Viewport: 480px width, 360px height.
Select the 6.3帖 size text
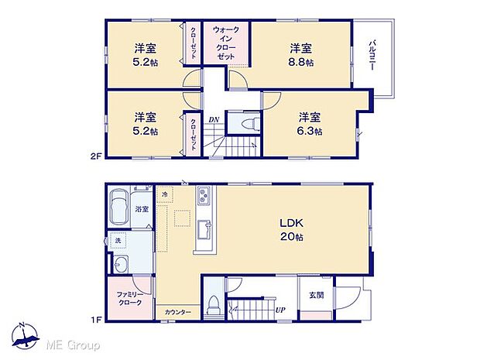(311, 132)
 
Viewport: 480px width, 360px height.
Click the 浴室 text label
(142, 209)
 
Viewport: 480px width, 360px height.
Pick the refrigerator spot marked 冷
(165, 194)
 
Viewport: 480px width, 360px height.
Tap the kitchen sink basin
(204, 229)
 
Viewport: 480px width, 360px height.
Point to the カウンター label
(177, 312)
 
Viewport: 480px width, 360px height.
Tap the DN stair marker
(213, 118)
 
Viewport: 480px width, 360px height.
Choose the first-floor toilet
(214, 303)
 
